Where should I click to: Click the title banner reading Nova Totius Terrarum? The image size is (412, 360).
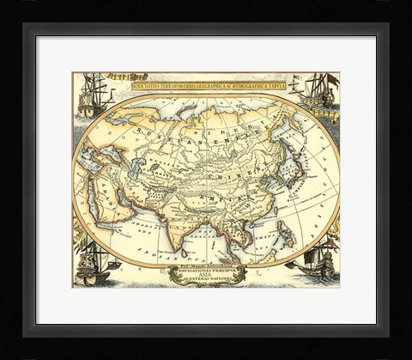click(208, 86)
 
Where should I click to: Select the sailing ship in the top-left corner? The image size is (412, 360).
click(95, 95)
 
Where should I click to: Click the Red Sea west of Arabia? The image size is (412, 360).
click(97, 204)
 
